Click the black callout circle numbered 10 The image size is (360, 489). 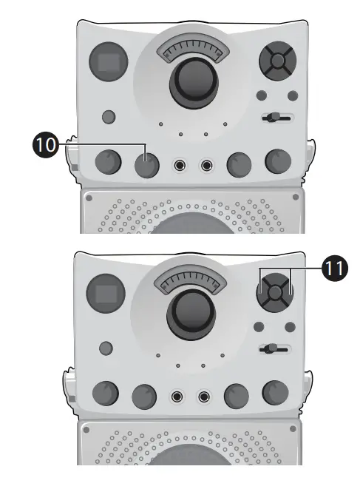pyautogui.click(x=45, y=145)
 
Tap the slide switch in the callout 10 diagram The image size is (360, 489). pyautogui.click(x=276, y=118)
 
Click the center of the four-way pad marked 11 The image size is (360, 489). pyautogui.click(x=274, y=291)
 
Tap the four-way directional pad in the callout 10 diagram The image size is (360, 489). pyautogui.click(x=277, y=62)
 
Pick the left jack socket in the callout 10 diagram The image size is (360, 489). pyautogui.click(x=178, y=165)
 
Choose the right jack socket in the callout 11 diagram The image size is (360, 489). pyautogui.click(x=205, y=397)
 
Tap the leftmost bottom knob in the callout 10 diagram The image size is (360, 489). pyautogui.click(x=108, y=163)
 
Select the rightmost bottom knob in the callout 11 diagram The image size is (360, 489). pyautogui.click(x=274, y=394)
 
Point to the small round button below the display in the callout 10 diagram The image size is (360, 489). pyautogui.click(x=109, y=116)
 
